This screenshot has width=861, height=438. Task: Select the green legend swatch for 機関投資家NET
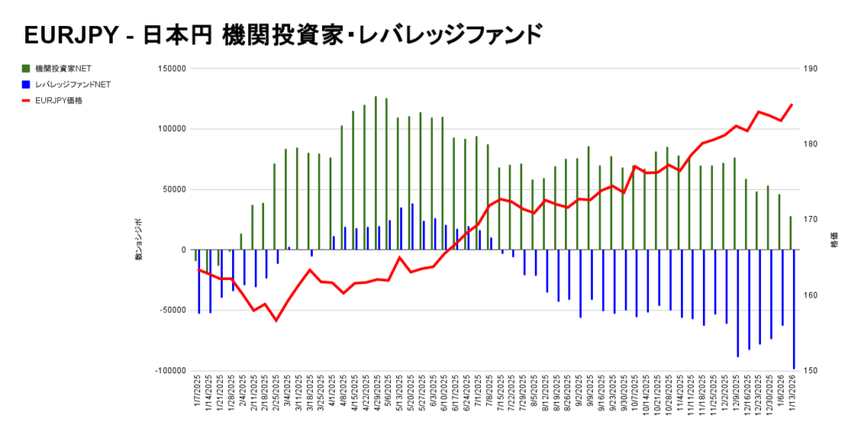26,68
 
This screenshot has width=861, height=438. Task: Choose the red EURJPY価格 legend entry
59,100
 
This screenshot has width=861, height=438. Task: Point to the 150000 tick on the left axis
171,69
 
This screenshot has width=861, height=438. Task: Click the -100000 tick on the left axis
169,371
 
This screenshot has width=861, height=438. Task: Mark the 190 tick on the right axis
813,69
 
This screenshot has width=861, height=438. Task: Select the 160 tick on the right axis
813,295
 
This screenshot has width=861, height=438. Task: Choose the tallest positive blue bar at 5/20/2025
412,226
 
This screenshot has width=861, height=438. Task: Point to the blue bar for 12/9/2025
737,303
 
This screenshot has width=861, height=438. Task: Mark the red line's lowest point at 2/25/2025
275,320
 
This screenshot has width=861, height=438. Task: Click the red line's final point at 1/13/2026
791,105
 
